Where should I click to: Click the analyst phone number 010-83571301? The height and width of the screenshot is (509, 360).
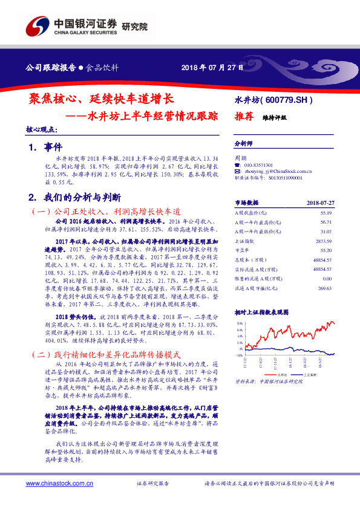[x=258, y=164]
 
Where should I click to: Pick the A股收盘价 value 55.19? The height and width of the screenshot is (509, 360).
[x=326, y=213]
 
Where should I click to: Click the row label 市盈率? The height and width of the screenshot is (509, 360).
[x=242, y=250]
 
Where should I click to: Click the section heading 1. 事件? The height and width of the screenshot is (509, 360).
[x=45, y=147]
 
